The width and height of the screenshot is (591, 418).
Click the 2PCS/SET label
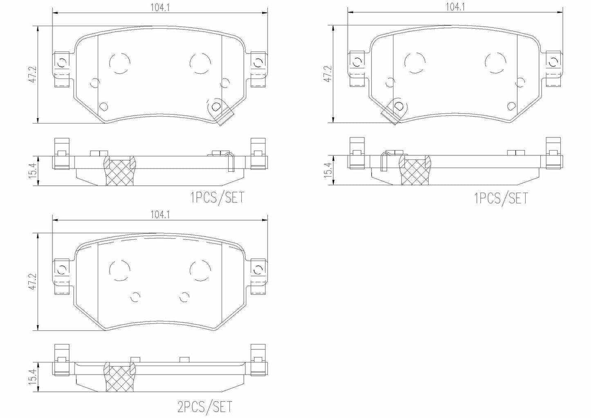click(x=205, y=407)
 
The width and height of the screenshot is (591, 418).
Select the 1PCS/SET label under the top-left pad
click(x=217, y=198)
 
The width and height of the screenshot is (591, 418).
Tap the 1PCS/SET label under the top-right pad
click(x=501, y=198)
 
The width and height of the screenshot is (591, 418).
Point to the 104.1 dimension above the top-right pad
click(x=455, y=7)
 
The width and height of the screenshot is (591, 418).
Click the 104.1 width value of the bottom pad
click(x=160, y=214)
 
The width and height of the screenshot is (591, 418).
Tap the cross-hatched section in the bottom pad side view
click(x=120, y=379)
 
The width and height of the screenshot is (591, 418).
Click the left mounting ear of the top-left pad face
click(x=62, y=69)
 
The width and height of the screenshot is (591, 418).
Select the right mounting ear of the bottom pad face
click(x=258, y=276)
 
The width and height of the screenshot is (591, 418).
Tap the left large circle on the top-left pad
click(x=120, y=63)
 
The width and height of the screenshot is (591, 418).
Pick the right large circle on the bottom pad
click(x=200, y=270)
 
